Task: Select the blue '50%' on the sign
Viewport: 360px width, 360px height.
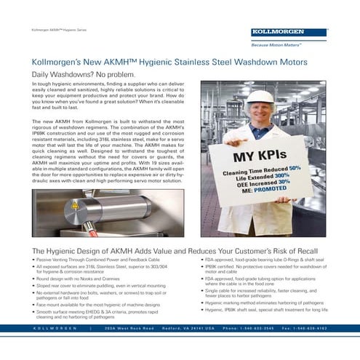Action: (295, 168)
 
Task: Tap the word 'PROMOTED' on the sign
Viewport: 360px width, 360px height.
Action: (274, 193)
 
